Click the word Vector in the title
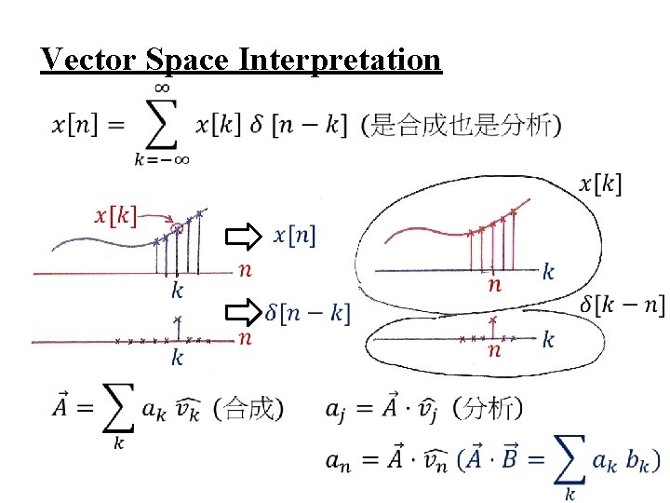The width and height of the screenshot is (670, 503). pyautogui.click(x=89, y=59)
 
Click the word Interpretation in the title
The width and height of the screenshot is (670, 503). pyautogui.click(x=340, y=60)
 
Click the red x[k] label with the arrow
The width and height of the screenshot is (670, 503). pyautogui.click(x=115, y=215)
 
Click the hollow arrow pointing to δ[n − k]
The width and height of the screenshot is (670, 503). pyautogui.click(x=245, y=313)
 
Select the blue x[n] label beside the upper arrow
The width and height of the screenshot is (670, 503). pyautogui.click(x=294, y=237)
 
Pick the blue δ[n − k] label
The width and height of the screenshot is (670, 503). pyautogui.click(x=307, y=314)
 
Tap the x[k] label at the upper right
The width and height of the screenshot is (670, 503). pyautogui.click(x=600, y=184)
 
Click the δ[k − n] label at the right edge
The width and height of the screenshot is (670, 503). pyautogui.click(x=622, y=306)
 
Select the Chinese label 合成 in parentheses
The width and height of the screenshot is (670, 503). pyautogui.click(x=249, y=408)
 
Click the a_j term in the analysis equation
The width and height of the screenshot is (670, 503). pyautogui.click(x=339, y=409)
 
